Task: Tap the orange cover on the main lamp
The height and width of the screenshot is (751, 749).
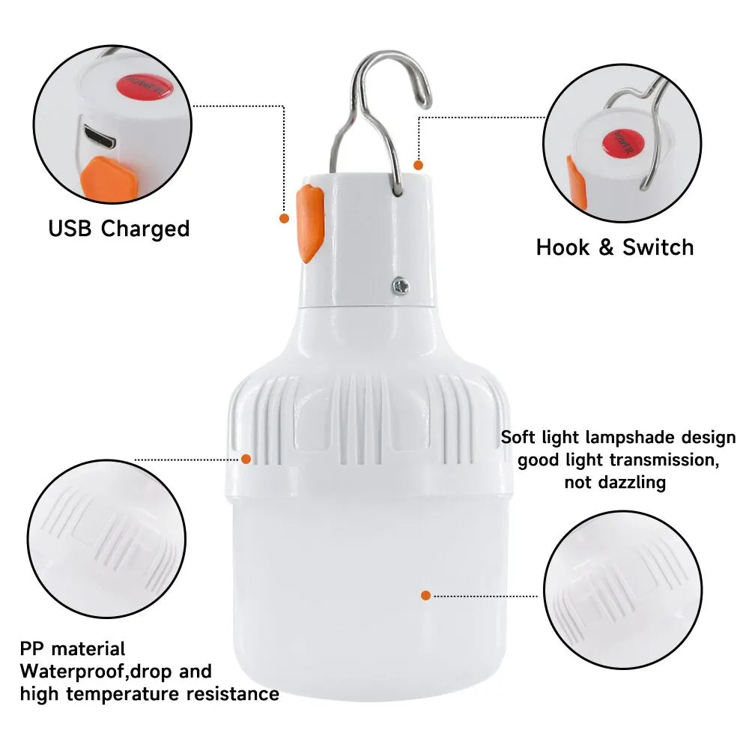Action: point(309,224)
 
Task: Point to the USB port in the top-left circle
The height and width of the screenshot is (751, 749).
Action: point(100,136)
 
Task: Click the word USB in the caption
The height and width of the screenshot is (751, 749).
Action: point(71,228)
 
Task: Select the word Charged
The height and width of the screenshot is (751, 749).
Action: point(145,228)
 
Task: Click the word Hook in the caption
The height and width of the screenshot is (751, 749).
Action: point(562,247)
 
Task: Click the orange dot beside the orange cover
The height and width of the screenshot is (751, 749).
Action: point(285,218)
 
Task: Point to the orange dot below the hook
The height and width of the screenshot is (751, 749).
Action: point(418,164)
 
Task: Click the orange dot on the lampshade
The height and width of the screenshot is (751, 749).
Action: point(425,595)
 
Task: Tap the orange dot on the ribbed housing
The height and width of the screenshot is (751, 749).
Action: point(246,459)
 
